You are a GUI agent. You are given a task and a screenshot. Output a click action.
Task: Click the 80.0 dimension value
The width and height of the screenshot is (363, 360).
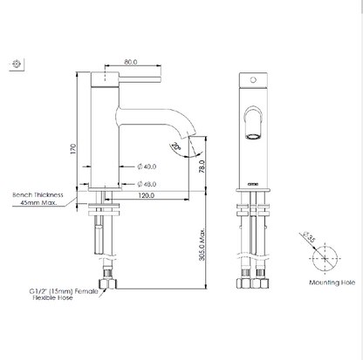point(131,62)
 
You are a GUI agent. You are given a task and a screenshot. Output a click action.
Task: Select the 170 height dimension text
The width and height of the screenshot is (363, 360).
point(73,149)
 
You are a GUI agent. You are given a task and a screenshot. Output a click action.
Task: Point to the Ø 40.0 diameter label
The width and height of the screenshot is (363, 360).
point(147,166)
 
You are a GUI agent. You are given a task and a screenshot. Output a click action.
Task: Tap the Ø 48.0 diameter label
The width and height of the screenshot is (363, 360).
point(147,184)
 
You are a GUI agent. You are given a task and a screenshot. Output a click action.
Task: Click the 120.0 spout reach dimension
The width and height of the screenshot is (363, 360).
point(146,195)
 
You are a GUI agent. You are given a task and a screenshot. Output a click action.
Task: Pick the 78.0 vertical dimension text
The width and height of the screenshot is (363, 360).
point(202,166)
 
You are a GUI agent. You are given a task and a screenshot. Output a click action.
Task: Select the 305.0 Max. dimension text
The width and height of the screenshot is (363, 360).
point(202,244)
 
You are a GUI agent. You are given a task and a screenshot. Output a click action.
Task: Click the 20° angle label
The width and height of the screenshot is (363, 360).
point(176,146)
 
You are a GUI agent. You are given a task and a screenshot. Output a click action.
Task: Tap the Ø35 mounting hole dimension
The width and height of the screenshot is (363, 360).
point(309,237)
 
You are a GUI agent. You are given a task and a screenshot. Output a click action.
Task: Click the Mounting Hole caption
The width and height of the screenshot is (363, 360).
point(332,282)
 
